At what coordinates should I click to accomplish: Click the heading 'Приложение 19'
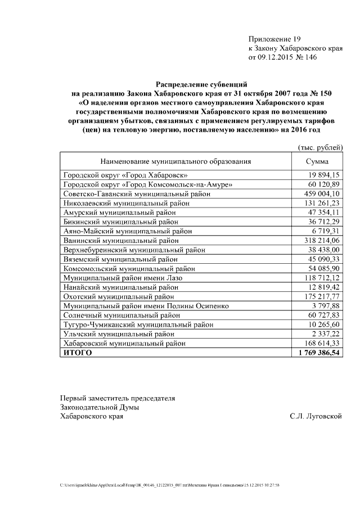[275, 39]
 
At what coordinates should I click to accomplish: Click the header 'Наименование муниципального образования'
[175, 161]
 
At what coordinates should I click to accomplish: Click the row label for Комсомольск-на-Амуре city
[148, 184]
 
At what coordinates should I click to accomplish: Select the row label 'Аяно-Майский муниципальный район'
[128, 231]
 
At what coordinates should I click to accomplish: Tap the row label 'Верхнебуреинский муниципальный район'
[134, 250]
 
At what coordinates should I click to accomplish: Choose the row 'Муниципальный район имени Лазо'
[123, 278]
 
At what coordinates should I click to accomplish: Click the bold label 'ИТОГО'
[78, 353]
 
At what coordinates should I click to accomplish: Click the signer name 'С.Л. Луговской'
[316, 416]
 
